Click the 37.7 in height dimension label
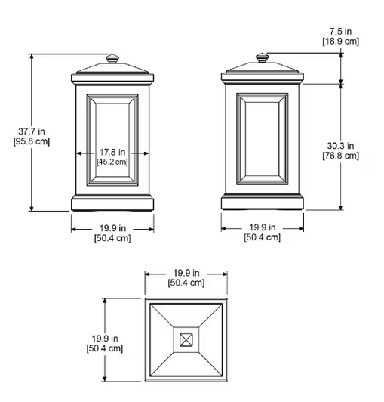point(32,131)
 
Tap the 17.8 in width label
point(112,153)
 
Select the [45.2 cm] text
point(112,162)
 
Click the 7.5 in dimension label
point(340,31)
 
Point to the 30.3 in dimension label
point(340,146)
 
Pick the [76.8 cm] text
point(340,156)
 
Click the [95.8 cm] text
point(32,141)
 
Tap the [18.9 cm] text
point(340,41)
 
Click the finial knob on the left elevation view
point(112,59)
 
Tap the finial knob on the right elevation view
point(263,57)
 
